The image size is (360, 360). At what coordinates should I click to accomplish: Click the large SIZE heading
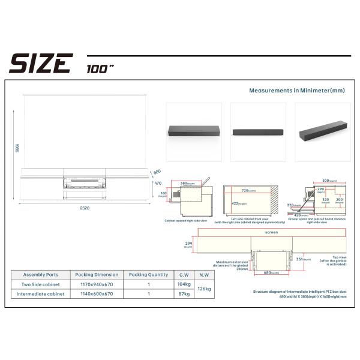(40, 63)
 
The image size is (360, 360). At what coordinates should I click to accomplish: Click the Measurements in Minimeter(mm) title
(297, 91)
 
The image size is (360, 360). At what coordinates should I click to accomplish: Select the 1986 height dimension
(17, 148)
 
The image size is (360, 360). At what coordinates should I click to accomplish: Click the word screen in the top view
(271, 232)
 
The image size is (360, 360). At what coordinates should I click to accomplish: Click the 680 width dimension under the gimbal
(271, 272)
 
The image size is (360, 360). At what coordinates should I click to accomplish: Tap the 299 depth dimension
(188, 243)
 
